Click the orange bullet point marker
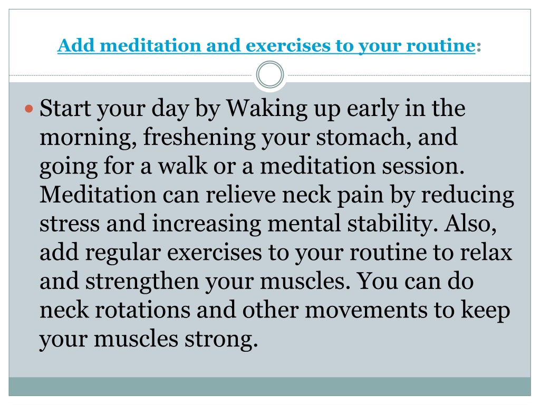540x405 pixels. click(x=29, y=109)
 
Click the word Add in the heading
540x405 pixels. click(x=76, y=45)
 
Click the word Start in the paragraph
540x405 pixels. click(x=65, y=108)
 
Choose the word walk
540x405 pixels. click(x=182, y=166)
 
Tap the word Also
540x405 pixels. click(x=470, y=224)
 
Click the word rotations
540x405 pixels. click(x=142, y=311)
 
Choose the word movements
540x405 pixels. click(x=366, y=311)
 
